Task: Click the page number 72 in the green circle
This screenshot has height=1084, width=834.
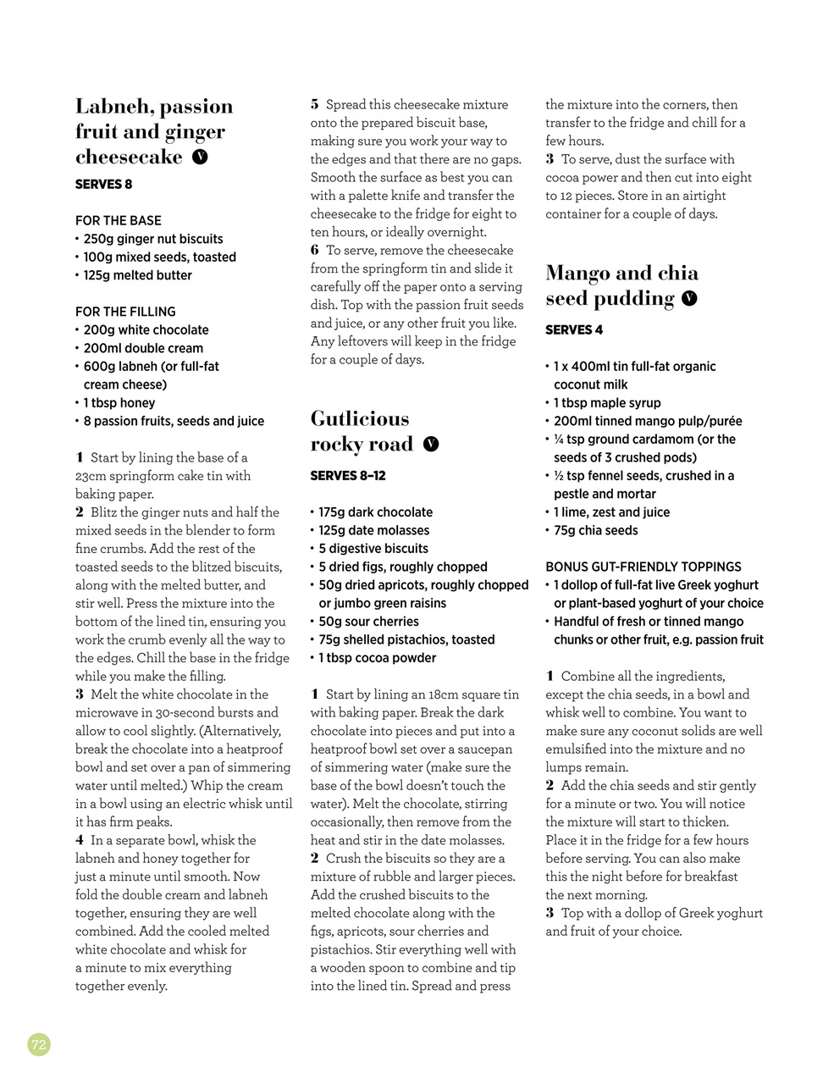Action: point(39,1044)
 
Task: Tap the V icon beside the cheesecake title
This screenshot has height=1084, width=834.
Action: point(200,157)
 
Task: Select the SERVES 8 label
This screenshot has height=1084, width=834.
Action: point(103,185)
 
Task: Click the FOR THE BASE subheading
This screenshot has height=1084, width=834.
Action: point(118,220)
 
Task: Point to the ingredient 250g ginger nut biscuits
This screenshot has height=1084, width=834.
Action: point(152,239)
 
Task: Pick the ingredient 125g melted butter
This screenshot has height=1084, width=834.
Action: point(137,275)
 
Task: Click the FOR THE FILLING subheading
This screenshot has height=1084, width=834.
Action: point(125,312)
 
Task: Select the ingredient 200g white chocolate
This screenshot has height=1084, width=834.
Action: point(146,330)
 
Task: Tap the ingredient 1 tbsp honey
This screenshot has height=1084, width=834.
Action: point(119,403)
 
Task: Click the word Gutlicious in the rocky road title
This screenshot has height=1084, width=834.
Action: point(360,419)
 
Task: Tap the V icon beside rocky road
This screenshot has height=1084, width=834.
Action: point(431,444)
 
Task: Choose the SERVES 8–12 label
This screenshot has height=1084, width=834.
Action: point(347,476)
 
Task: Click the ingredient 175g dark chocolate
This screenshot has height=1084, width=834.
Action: point(375,512)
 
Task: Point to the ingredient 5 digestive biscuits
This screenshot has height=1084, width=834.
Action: point(373,549)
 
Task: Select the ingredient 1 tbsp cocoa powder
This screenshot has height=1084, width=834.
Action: point(377,658)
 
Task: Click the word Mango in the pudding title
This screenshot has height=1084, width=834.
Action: point(577,274)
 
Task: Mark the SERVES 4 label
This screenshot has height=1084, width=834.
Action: point(574,330)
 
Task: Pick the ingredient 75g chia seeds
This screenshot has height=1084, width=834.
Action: point(595,531)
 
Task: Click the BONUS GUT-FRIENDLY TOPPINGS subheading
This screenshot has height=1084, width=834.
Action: point(643,567)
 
